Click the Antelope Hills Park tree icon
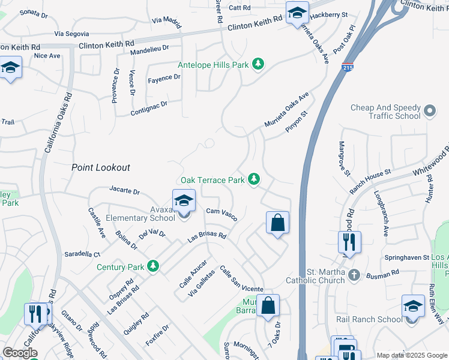click(x=258, y=64)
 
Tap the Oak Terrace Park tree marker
click(x=255, y=179)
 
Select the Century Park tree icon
click(x=154, y=266)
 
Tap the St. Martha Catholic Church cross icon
click(x=354, y=275)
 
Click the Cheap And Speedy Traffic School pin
click(x=429, y=111)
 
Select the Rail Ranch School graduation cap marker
click(x=413, y=307)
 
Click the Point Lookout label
click(x=101, y=167)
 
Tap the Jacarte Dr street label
click(x=125, y=191)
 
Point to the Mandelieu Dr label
click(x=150, y=50)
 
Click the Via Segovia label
click(x=71, y=34)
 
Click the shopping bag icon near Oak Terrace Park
click(x=277, y=223)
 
